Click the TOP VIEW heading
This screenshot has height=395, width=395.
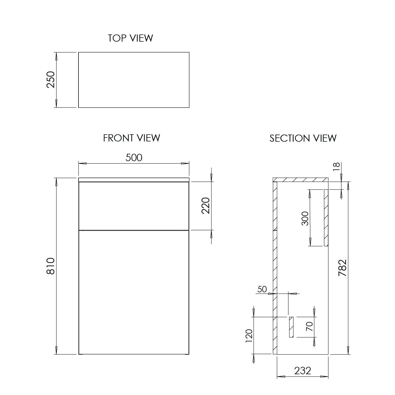coord(130,38)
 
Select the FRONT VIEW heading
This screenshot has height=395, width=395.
coord(131,138)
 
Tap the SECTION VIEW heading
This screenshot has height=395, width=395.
coord(303,138)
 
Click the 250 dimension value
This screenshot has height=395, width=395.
coord(51,80)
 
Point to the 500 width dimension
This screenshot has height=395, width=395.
coord(134,157)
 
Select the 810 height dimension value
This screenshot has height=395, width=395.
coord(51,266)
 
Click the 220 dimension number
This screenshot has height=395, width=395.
coord(206,205)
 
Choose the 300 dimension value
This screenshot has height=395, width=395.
coord(305,218)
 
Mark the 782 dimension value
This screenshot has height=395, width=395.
coord(342,268)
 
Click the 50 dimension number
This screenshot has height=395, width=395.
coord(262,289)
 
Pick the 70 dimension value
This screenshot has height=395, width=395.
coord(310,327)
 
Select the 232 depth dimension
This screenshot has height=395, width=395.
coord(303,371)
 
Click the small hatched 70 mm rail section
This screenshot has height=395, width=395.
coord(291,327)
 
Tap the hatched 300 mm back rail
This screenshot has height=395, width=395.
coord(326,218)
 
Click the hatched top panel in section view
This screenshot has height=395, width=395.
coord(300,180)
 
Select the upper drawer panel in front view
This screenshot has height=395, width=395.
coord(134,206)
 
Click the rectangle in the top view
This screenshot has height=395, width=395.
coord(134,80)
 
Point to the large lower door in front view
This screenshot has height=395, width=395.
coord(134,292)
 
